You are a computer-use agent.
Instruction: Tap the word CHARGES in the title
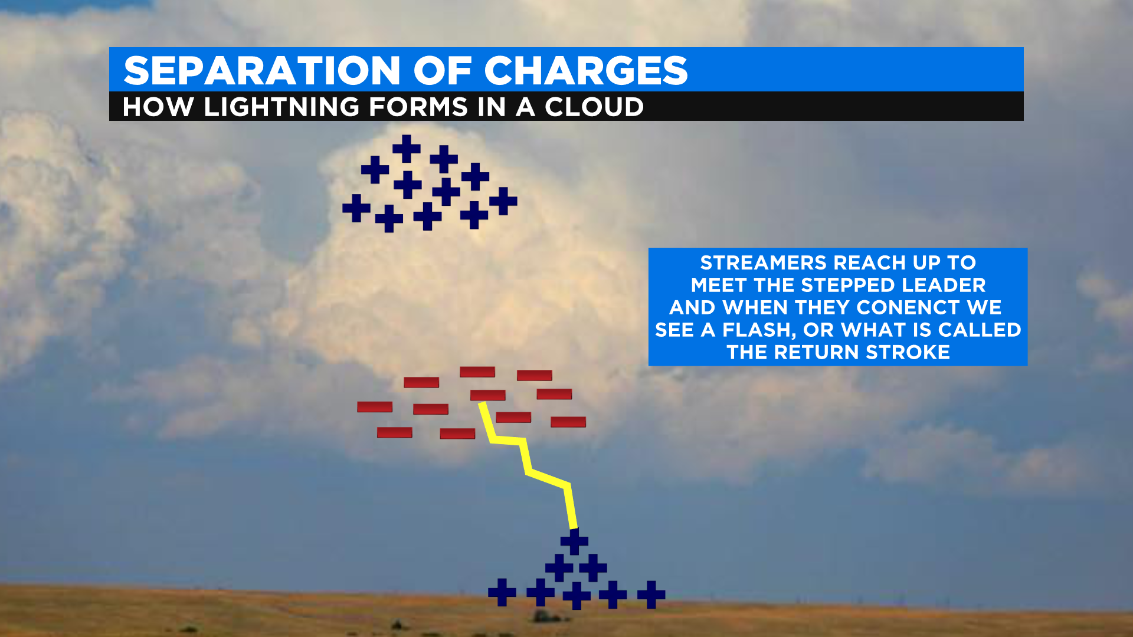(x=586, y=71)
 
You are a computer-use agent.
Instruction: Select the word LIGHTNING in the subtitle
(x=281, y=107)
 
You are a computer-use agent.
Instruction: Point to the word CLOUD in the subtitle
(x=594, y=107)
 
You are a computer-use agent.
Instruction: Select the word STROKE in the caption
(x=908, y=352)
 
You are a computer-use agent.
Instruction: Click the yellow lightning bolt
(x=527, y=466)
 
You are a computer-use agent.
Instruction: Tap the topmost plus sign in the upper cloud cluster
(x=407, y=149)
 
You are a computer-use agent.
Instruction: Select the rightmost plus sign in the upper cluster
(x=503, y=201)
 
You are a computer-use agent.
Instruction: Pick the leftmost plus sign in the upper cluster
(x=356, y=208)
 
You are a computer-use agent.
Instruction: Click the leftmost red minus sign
(x=375, y=407)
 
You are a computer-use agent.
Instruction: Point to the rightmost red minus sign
(x=568, y=422)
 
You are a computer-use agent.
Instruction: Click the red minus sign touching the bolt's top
(x=488, y=395)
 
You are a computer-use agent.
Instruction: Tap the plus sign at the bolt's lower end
(x=574, y=541)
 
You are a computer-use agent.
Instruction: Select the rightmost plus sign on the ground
(x=651, y=595)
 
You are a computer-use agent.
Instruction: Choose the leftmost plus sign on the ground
(x=502, y=592)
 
